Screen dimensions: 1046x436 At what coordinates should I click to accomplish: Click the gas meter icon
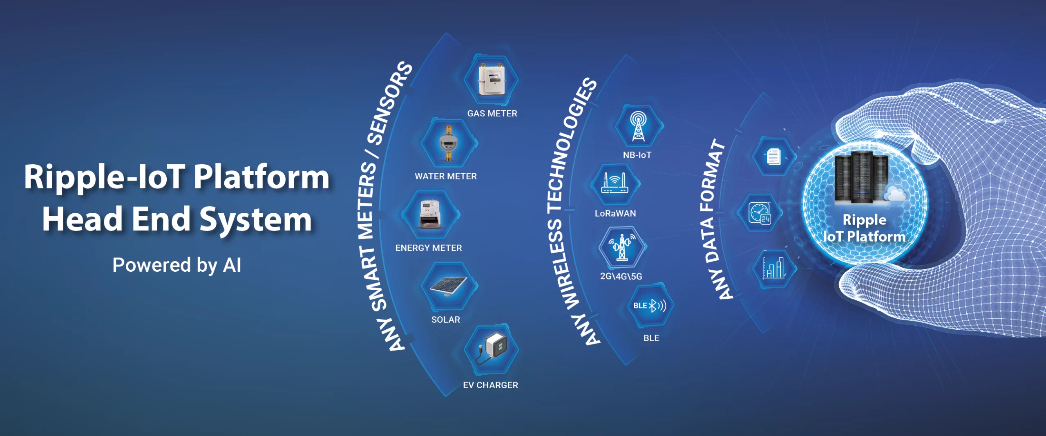[492, 80]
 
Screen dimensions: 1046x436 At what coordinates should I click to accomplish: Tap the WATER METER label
[446, 176]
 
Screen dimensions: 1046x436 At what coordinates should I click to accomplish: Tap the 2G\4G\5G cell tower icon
[622, 247]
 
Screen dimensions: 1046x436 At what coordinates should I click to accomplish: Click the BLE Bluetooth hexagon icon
[650, 306]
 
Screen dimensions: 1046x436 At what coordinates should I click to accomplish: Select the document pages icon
[773, 157]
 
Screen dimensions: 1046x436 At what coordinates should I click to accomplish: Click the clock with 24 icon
[760, 213]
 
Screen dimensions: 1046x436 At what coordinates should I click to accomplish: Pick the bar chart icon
[773, 268]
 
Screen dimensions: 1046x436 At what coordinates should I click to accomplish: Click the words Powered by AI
[177, 265]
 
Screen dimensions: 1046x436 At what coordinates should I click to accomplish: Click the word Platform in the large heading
[261, 177]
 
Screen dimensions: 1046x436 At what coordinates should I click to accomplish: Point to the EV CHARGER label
[490, 385]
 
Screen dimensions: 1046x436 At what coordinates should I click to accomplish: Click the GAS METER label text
[492, 114]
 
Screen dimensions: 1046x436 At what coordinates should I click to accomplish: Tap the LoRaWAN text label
[615, 213]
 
